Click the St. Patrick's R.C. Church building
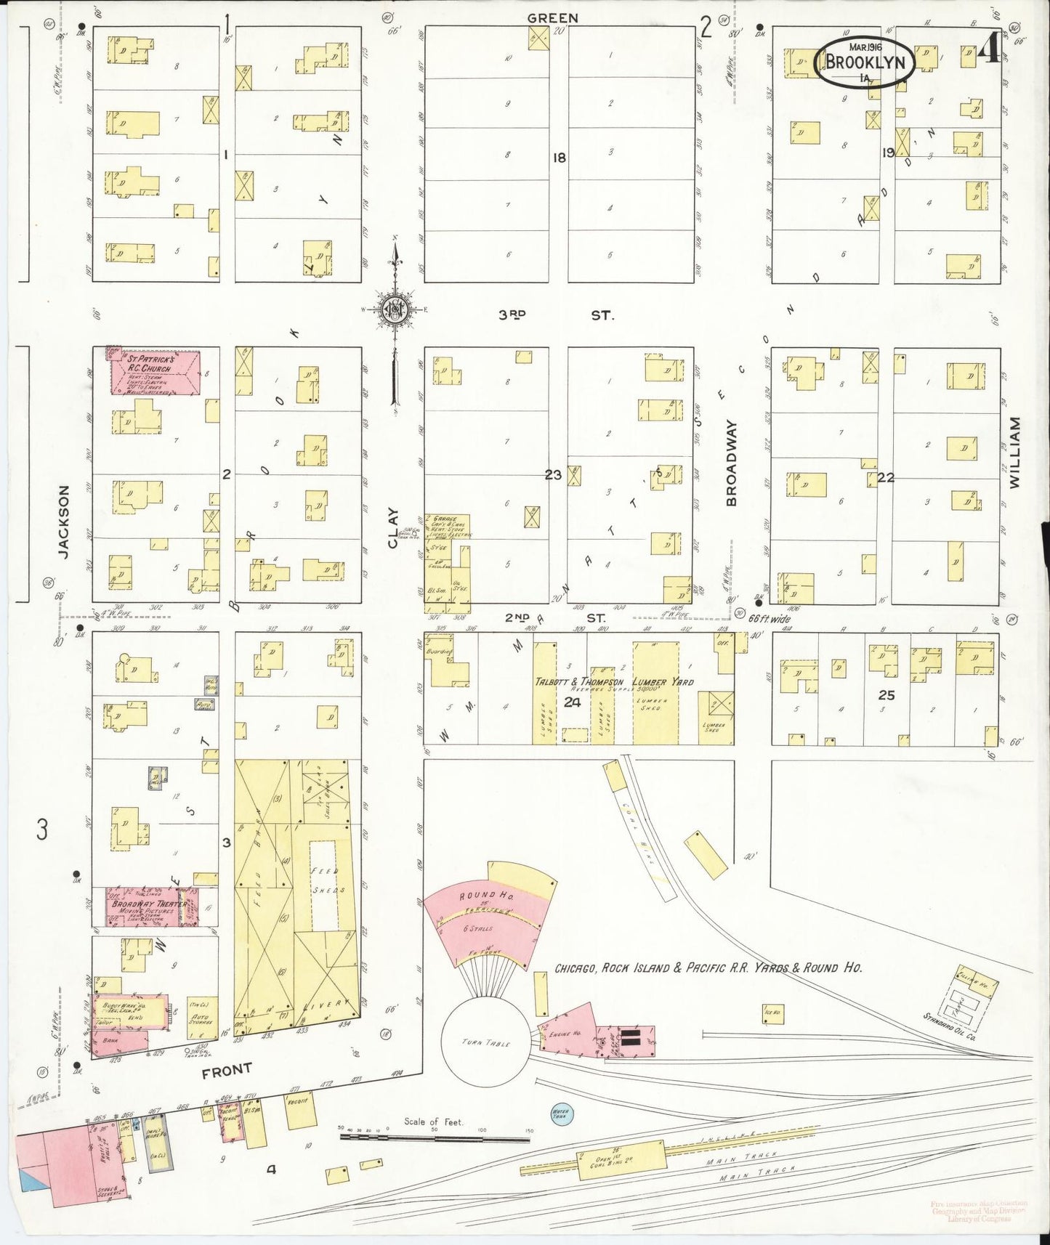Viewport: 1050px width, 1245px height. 155,372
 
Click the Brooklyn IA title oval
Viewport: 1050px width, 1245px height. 864,62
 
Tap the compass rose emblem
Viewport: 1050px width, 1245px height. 395,309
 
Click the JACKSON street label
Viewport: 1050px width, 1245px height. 64,522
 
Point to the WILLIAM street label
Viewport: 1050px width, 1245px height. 1014,452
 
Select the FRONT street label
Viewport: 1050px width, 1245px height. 227,1068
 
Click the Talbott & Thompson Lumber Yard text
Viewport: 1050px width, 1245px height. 614,682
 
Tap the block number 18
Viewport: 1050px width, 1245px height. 558,157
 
